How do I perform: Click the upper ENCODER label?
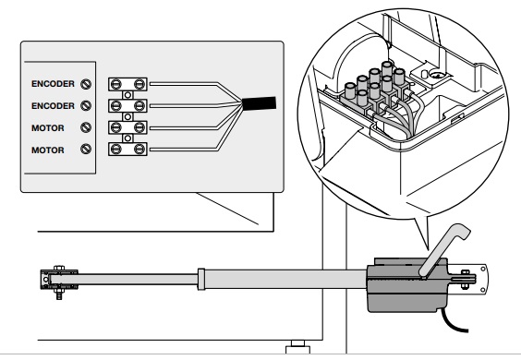point(53,84)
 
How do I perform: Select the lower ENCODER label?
point(53,106)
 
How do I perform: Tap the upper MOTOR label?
point(47,128)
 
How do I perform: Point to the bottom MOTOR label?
point(47,150)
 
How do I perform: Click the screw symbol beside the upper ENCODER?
point(86,84)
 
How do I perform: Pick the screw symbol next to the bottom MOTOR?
point(86,150)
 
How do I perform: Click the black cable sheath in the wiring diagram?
point(259,103)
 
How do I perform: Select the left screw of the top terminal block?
point(115,84)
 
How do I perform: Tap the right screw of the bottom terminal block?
point(139,150)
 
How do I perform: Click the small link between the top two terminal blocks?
point(127,95)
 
